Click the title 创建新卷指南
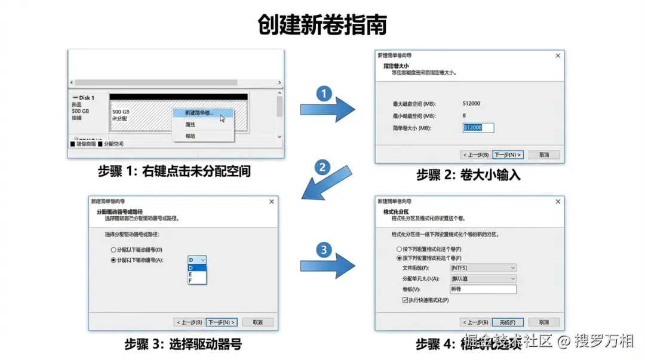tap(322, 25)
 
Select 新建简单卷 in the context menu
tap(199, 112)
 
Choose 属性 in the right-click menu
tap(191, 124)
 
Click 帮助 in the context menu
tap(191, 136)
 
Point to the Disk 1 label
tap(84, 97)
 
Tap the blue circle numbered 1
tap(324, 94)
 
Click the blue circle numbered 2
tap(322, 168)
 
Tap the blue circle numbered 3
tap(324, 250)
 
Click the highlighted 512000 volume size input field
tap(478, 128)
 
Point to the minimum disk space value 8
tap(465, 116)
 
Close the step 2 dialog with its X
tap(558, 56)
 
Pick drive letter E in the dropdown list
tap(191, 274)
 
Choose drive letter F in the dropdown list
tap(191, 281)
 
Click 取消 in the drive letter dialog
tap(257, 322)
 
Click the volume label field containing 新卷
tap(483, 290)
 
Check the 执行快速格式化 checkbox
tap(406, 300)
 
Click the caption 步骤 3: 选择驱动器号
tap(183, 344)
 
